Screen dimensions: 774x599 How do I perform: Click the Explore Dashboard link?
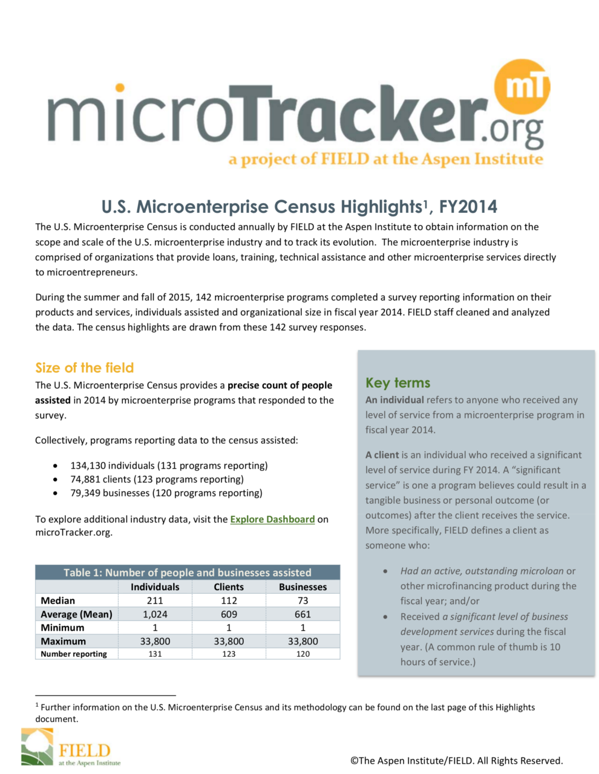[x=272, y=519]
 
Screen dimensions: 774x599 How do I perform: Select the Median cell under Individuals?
[x=155, y=600]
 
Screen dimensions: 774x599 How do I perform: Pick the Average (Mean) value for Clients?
[x=229, y=614]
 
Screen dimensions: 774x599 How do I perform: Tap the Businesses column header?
[x=303, y=587]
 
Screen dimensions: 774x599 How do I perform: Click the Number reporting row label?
[x=74, y=654]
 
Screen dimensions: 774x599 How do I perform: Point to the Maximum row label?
[x=64, y=641]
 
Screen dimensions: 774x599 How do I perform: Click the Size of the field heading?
[x=84, y=368]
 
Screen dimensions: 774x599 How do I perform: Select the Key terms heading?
[x=398, y=383]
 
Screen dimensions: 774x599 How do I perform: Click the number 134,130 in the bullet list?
[x=88, y=466]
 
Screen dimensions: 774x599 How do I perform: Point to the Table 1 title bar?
[x=188, y=572]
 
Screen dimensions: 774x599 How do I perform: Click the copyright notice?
[x=456, y=760]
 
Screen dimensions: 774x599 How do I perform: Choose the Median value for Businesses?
[x=303, y=600]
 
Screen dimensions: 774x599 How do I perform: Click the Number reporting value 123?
[x=229, y=654]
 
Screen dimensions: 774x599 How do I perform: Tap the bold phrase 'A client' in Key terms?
[x=382, y=455]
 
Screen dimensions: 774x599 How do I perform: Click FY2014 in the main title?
[x=468, y=207]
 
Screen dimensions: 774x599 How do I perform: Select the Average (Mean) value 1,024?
[x=155, y=614]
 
